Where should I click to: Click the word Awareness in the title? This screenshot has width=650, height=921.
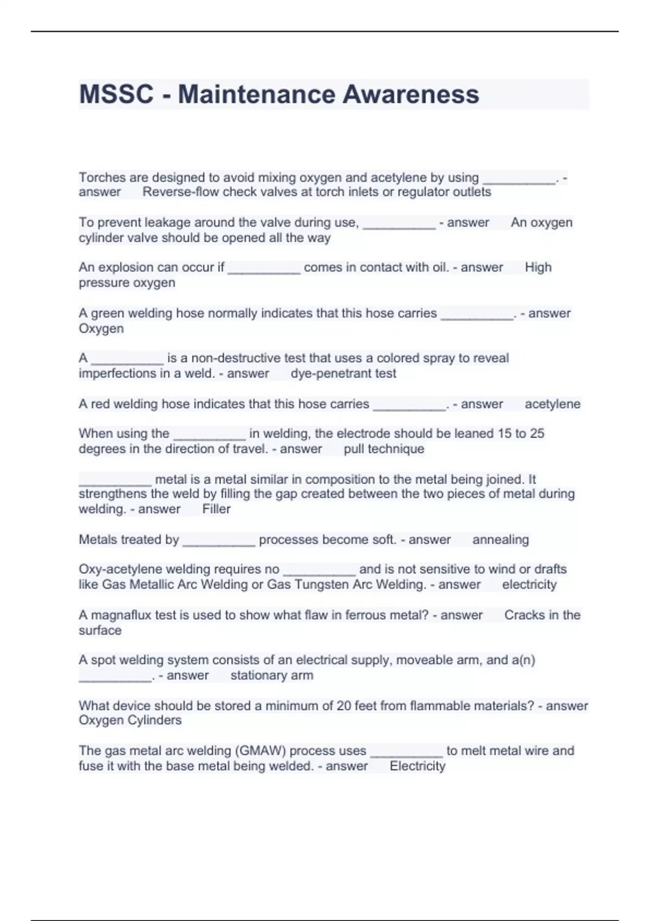coord(411,94)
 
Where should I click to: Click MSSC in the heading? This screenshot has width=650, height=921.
coord(116,94)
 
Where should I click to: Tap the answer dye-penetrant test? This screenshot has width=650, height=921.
coord(343,373)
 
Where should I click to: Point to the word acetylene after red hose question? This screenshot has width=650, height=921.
coord(552,404)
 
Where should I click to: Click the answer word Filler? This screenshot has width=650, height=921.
coord(216,509)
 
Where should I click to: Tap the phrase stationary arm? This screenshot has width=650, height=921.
coord(272,675)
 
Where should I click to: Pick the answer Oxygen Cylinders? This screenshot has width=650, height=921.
coord(130,720)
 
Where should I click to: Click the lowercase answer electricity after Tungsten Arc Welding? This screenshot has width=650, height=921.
coord(529,585)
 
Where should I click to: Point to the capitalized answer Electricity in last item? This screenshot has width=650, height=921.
coord(417,766)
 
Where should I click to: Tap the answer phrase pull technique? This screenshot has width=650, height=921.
coord(384,449)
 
